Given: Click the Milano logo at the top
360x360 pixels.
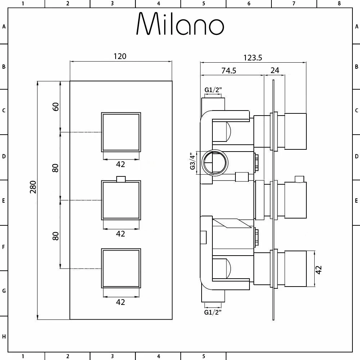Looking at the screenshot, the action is [180, 24].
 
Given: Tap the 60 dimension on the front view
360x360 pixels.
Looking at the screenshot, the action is [55, 107].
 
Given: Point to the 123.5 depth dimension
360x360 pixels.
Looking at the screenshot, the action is [253, 58].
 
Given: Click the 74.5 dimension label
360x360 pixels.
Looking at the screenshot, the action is [229, 71].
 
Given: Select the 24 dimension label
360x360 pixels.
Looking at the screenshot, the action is [275, 70].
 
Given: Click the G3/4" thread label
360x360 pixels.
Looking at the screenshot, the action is [193, 162].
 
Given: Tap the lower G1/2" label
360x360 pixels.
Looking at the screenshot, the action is [213, 312].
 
